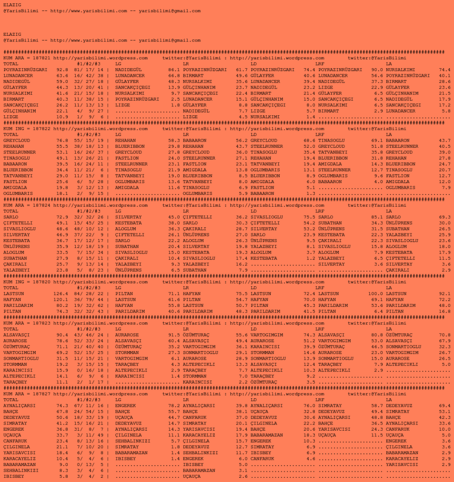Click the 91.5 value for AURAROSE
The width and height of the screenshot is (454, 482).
(x=174, y=335)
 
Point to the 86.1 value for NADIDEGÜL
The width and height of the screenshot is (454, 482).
(x=174, y=70)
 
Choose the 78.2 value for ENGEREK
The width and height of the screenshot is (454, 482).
(x=174, y=406)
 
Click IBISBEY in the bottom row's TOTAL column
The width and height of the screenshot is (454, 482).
(x=14, y=476)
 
